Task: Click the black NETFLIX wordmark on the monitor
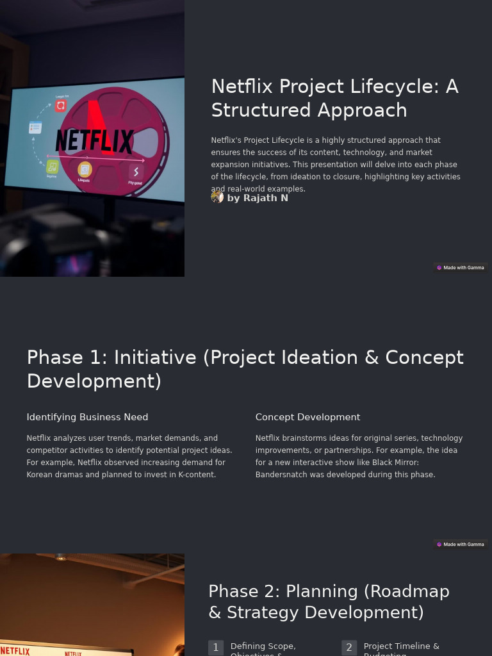tap(95, 141)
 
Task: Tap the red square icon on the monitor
tap(61, 106)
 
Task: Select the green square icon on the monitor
tap(53, 167)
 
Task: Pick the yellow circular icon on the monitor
tap(85, 170)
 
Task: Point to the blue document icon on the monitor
tap(35, 127)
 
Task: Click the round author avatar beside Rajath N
tap(217, 197)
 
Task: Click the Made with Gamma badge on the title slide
tap(460, 268)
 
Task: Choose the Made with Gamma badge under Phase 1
tap(460, 545)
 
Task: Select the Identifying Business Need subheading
tap(87, 417)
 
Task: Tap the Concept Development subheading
tap(307, 417)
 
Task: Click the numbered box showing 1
tap(216, 648)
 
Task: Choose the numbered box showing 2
tap(349, 648)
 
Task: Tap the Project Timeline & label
tap(402, 646)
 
